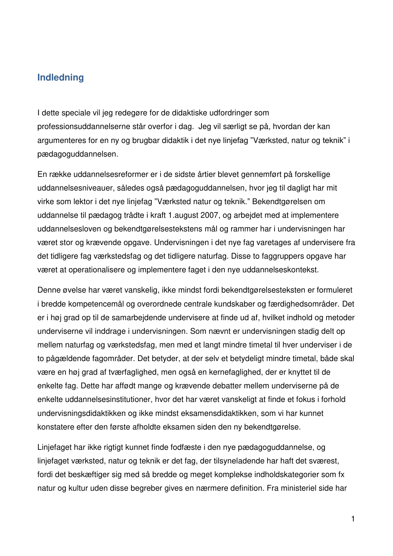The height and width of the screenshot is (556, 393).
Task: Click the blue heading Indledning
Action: click(60, 77)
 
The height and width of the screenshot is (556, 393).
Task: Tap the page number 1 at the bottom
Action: click(353, 519)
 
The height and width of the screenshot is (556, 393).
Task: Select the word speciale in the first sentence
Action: click(76, 113)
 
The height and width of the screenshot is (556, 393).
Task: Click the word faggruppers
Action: click(282, 256)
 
